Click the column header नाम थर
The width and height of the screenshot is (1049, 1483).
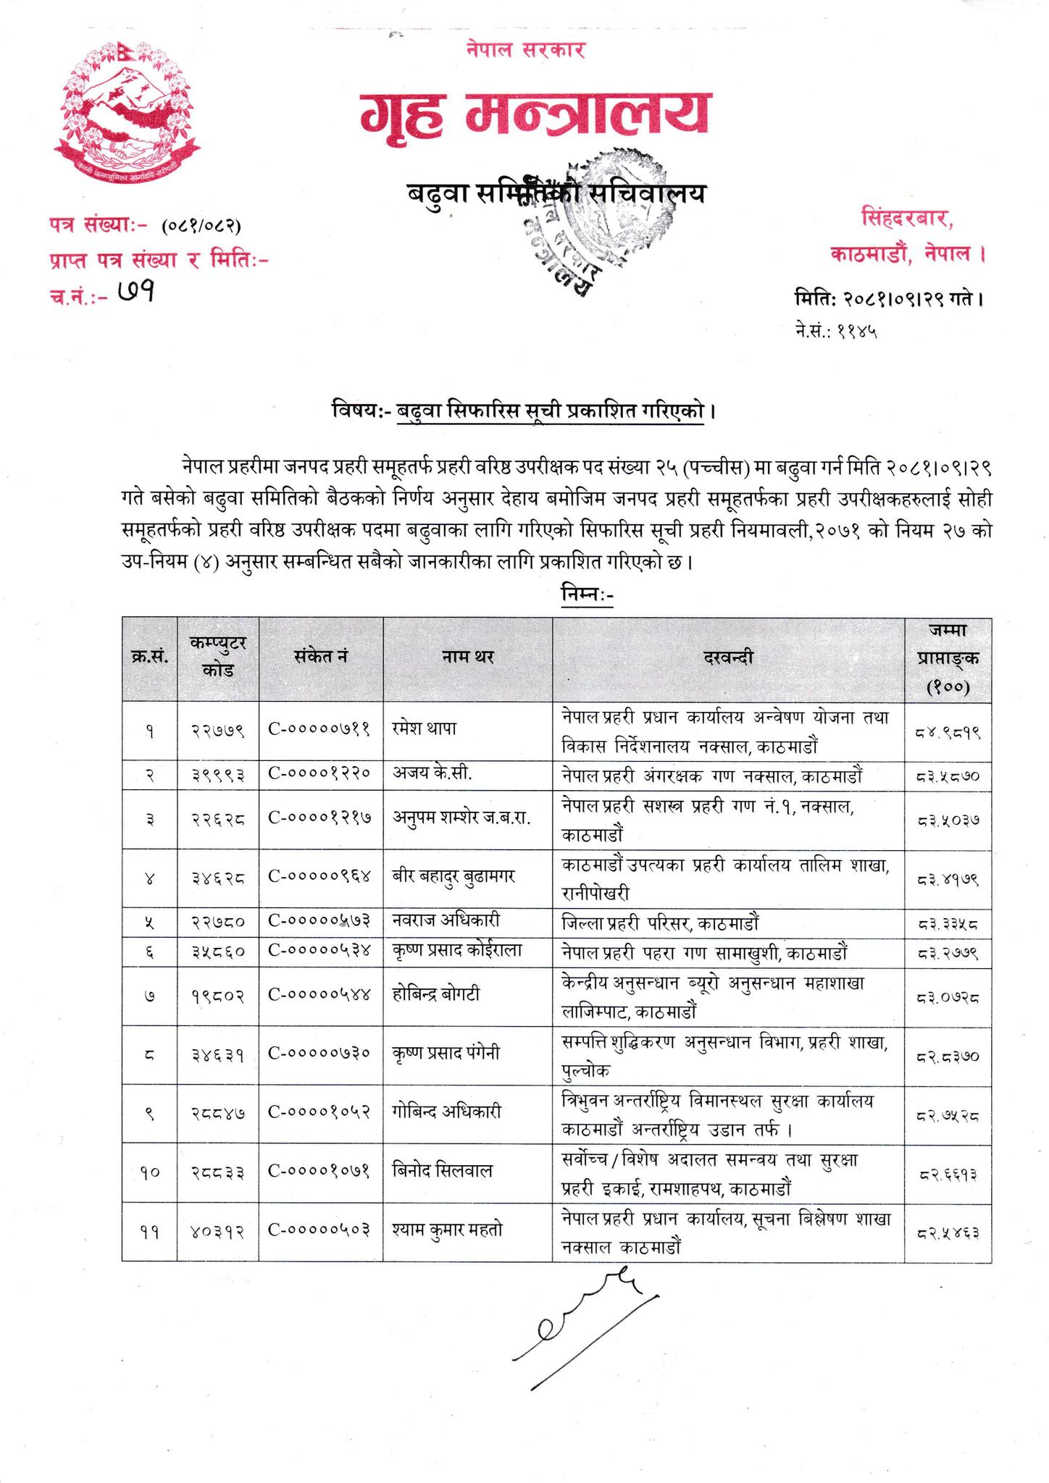pyautogui.click(x=467, y=658)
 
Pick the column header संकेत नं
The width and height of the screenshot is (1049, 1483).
pyautogui.click(x=321, y=658)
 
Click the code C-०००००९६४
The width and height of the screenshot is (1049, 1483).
pyautogui.click(x=320, y=878)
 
